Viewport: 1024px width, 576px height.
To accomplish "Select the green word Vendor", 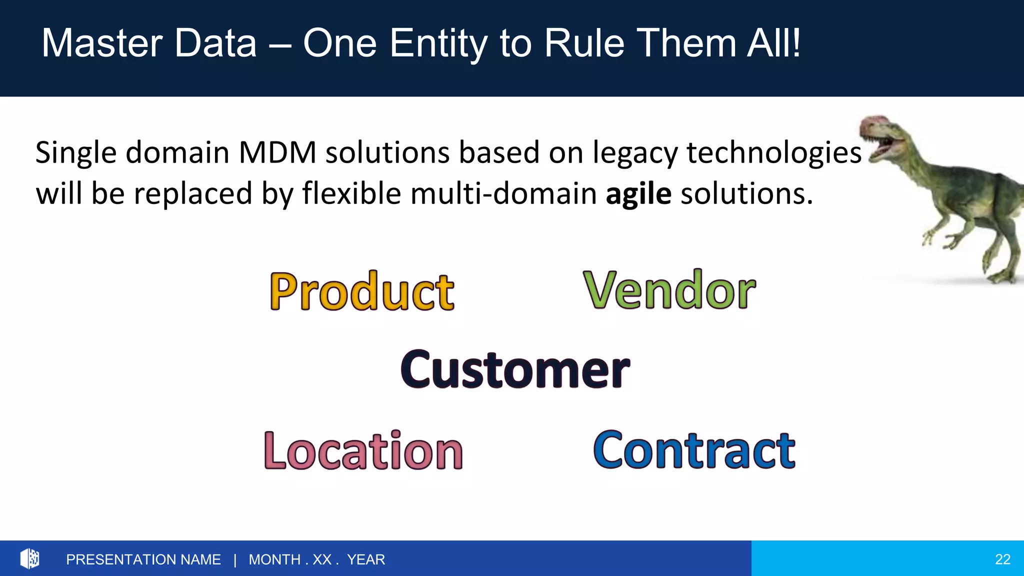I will pos(669,290).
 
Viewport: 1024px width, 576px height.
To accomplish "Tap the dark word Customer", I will pos(515,369).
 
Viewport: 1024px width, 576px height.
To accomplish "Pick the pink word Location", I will pos(363,451).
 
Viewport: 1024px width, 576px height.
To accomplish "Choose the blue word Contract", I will pos(694,450).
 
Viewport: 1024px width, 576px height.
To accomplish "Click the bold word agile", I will pos(638,194).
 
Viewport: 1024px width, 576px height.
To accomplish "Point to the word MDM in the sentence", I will pos(277,152).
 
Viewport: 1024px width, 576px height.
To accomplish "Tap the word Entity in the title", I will pos(437,44).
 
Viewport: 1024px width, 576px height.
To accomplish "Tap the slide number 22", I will pos(1002,559).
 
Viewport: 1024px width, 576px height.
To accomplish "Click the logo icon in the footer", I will pos(29,558).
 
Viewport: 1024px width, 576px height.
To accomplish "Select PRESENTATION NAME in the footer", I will pos(143,559).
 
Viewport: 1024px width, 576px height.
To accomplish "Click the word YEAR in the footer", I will pos(366,559).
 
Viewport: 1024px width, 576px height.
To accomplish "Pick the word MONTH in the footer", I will pos(274,559).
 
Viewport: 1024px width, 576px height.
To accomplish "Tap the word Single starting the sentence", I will pos(75,153).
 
